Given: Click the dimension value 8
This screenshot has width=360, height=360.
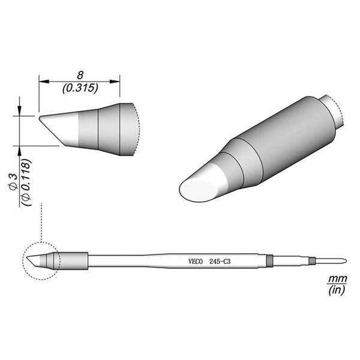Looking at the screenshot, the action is [x=80, y=75].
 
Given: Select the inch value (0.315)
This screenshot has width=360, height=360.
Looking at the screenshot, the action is [x=80, y=88].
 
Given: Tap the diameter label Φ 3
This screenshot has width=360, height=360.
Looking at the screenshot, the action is [x=13, y=182].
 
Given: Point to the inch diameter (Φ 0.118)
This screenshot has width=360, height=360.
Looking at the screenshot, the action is [x=26, y=182].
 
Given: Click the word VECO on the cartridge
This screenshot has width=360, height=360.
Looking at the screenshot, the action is [x=196, y=262].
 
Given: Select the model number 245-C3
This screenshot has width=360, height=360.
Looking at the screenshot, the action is [x=220, y=262].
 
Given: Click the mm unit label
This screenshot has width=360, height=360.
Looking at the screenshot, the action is [x=337, y=279].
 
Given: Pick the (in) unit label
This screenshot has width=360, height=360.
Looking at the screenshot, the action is [x=337, y=290].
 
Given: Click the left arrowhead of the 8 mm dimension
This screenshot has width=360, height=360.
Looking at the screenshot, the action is [x=44, y=82].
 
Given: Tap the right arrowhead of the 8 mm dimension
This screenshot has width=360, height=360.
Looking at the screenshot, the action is [x=115, y=82].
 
